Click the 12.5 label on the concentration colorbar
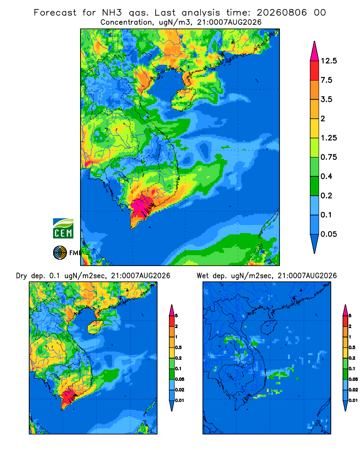point(328,61)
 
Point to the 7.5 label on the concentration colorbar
point(326,80)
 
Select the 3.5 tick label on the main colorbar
point(326,99)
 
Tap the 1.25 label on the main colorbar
point(328,138)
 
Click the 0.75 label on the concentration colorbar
point(328,157)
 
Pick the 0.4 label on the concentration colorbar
point(326,176)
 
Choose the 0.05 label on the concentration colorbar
point(328,234)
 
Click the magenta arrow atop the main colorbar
point(315,51)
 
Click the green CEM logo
point(63,229)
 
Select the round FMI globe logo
point(60,253)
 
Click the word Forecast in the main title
point(55,13)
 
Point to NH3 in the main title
point(112,13)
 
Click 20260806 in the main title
point(282,13)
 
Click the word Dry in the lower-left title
point(22,276)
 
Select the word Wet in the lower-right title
point(203,276)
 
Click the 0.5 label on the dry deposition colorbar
point(178,347)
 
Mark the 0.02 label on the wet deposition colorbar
point(353,390)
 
